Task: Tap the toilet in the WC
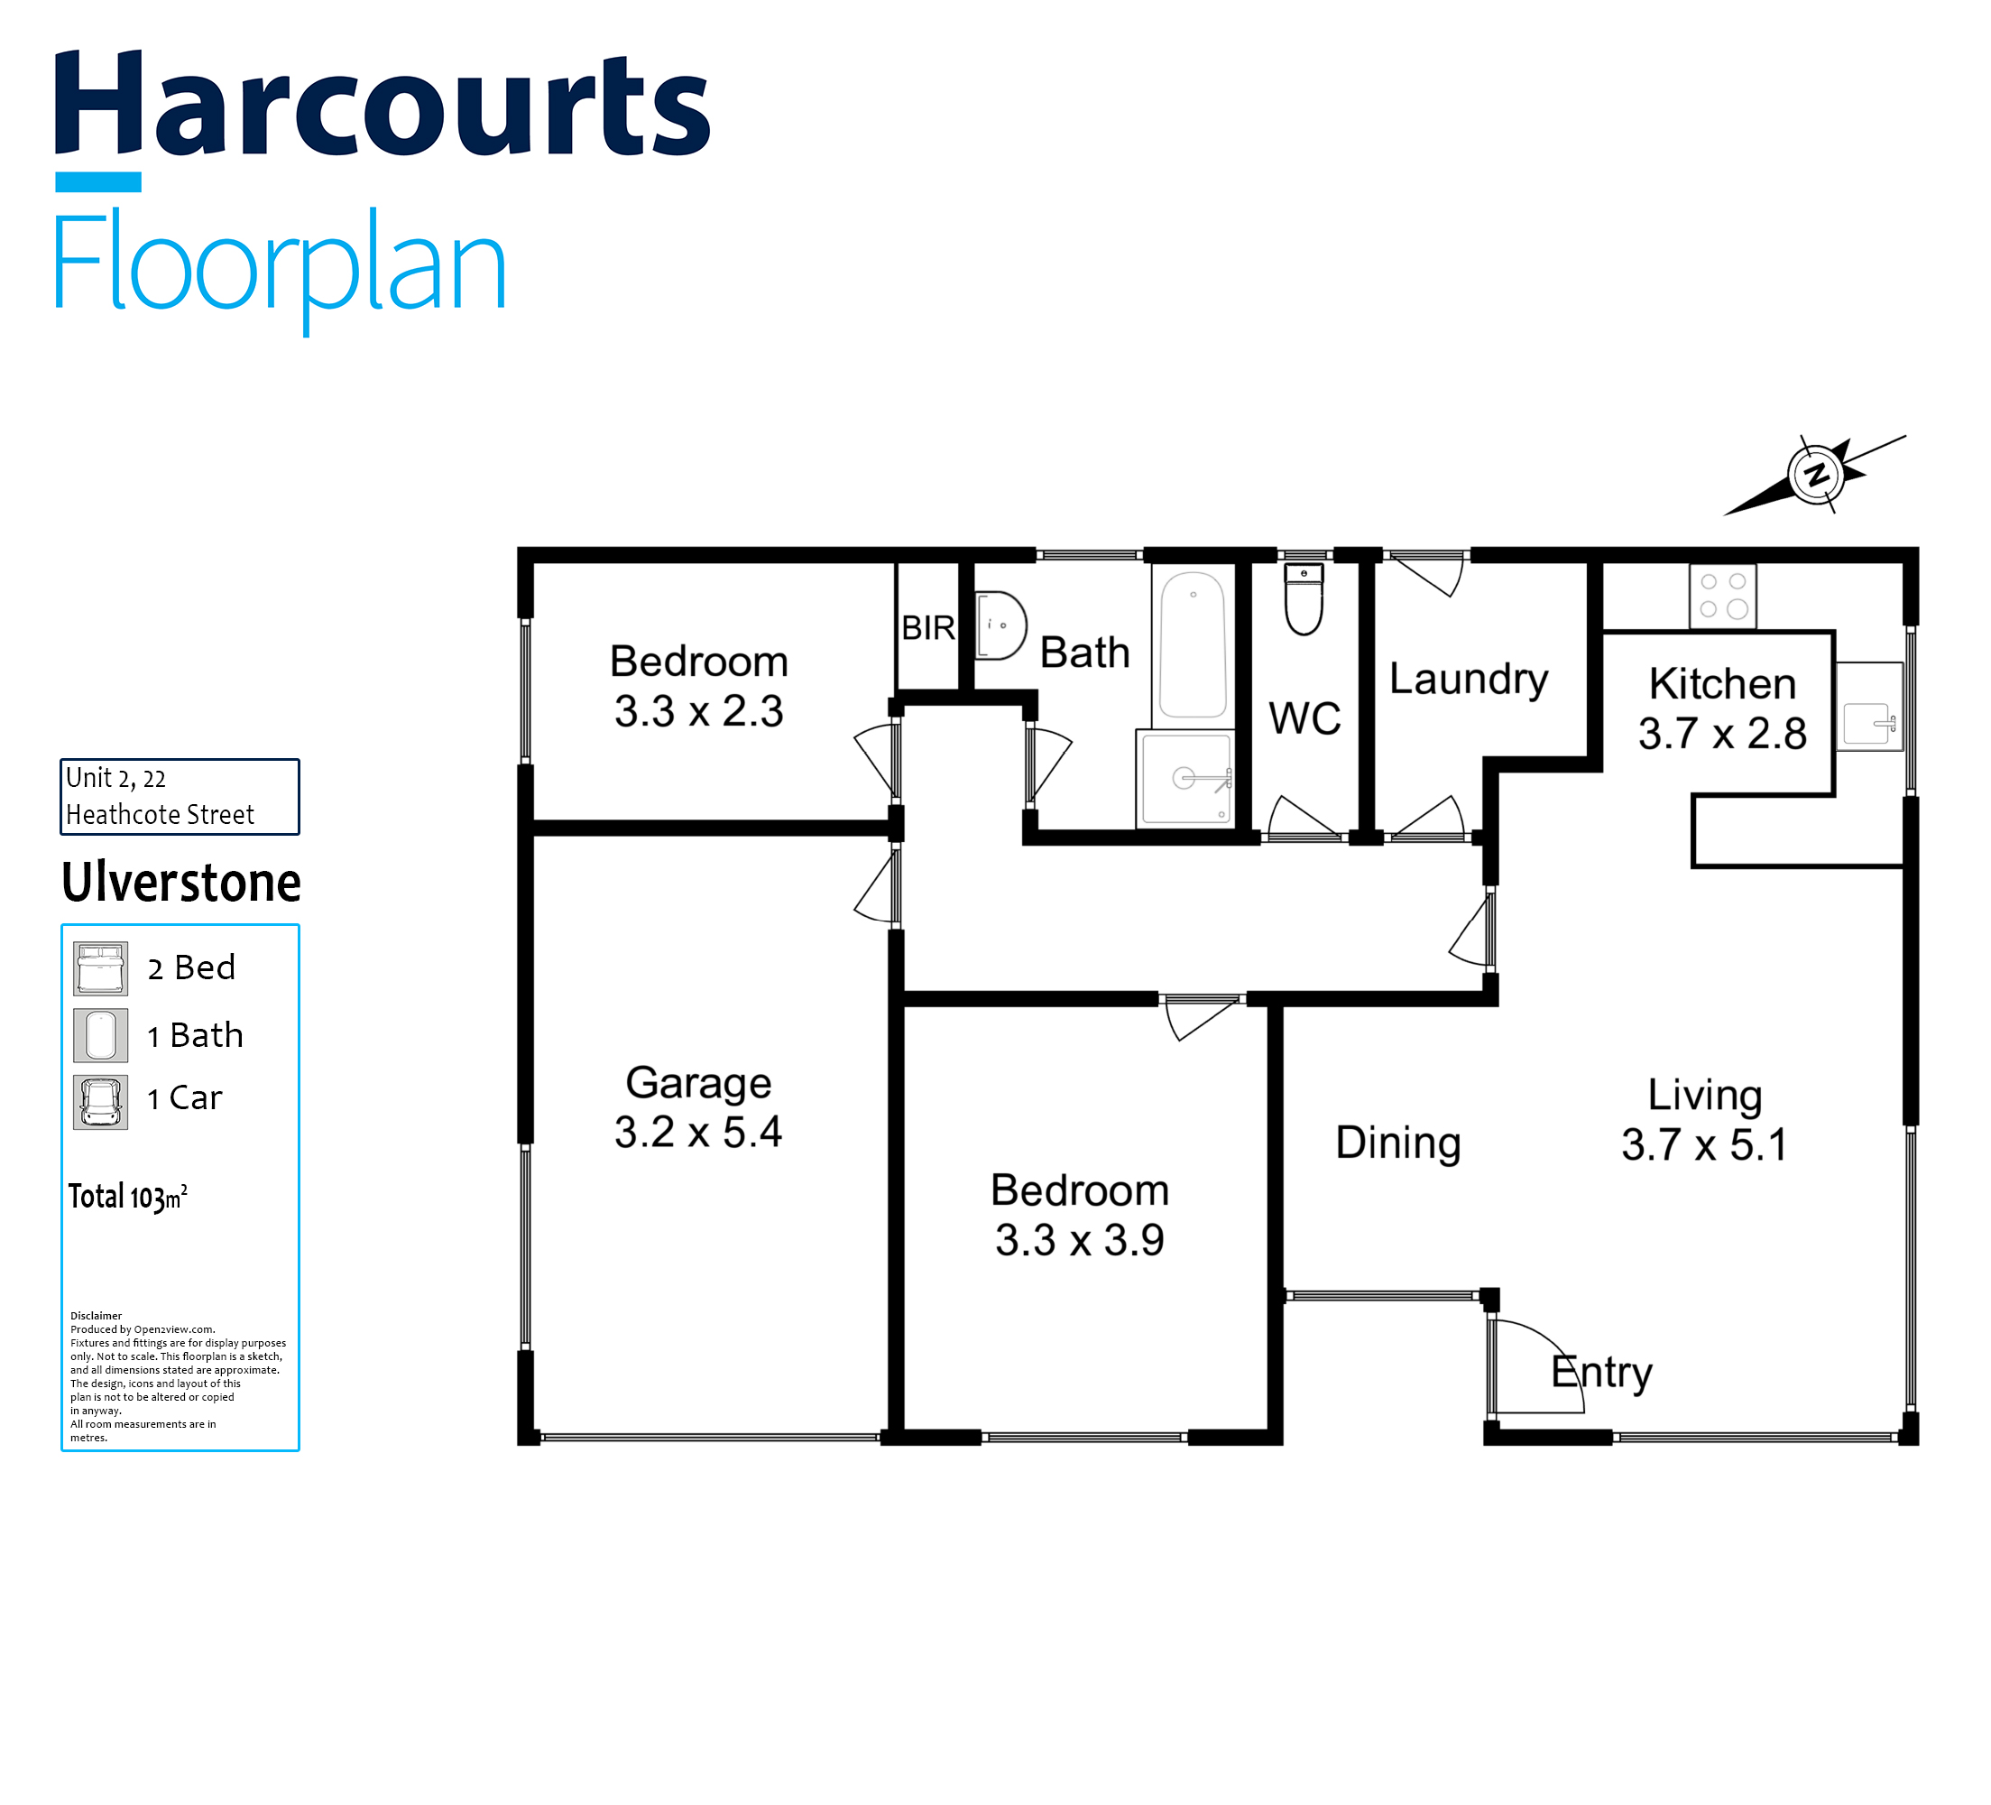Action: tap(1304, 598)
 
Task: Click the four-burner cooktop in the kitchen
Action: tap(1723, 596)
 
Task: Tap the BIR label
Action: tap(928, 627)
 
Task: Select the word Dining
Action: tap(1398, 1143)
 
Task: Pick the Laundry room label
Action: tap(1469, 680)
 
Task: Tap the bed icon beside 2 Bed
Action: tap(101, 968)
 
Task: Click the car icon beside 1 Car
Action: tap(101, 1102)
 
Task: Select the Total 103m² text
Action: tap(127, 1197)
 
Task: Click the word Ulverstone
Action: tap(181, 883)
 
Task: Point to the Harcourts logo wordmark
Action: tap(383, 104)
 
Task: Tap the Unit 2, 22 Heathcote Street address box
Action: tap(180, 796)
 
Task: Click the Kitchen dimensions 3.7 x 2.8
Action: tap(1722, 734)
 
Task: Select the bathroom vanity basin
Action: tap(1000, 625)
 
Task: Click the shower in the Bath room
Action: tap(1185, 779)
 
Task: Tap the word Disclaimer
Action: tap(96, 1316)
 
